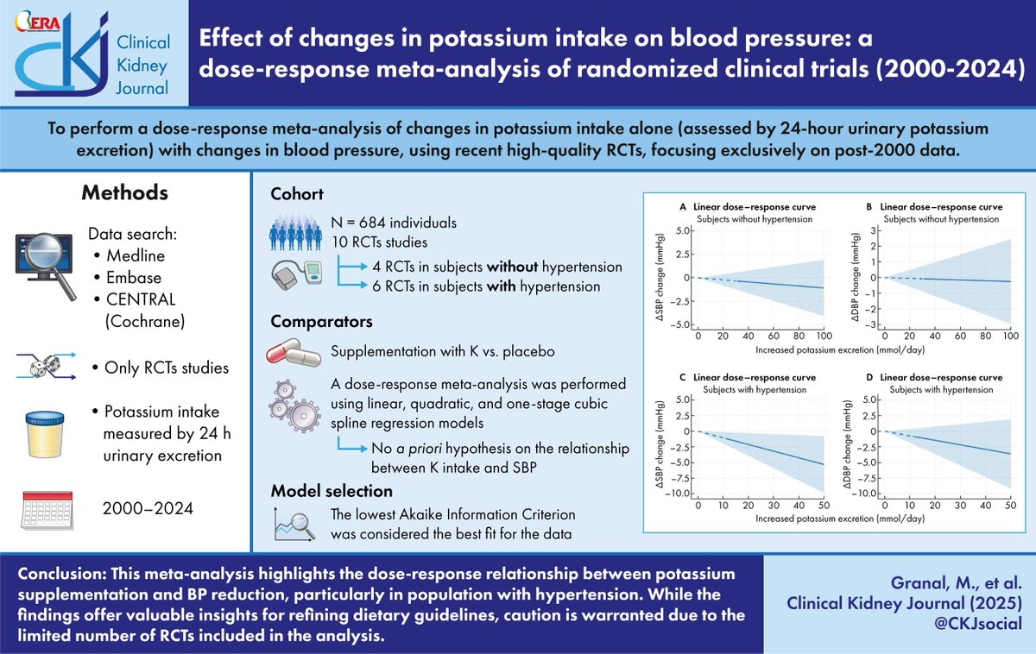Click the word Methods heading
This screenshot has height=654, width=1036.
(125, 192)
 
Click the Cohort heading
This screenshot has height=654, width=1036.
(299, 193)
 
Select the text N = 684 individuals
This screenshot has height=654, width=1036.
(395, 223)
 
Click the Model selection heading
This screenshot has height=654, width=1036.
(332, 491)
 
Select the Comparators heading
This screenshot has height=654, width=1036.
(322, 321)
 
